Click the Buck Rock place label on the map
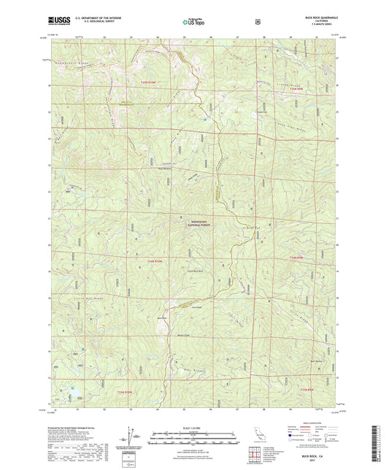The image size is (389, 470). click(x=164, y=317)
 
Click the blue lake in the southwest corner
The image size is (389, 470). click(x=73, y=396)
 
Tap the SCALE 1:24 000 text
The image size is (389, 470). click(x=194, y=417)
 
